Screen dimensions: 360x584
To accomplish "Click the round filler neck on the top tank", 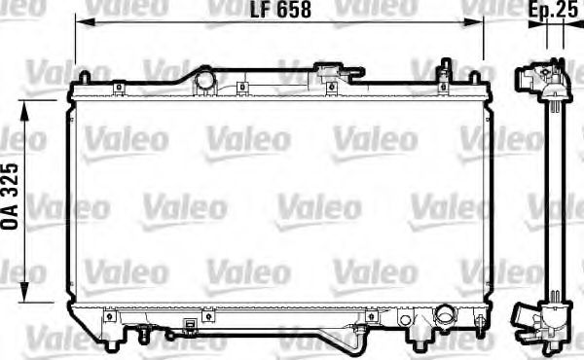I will coord(205,79).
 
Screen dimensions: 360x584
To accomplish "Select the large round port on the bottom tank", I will coord(445,317).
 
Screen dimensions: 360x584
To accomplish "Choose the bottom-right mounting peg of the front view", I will coord(420,340).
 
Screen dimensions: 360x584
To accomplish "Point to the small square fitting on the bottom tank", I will coord(206,315).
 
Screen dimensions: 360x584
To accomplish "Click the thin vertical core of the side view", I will coord(551,195).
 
